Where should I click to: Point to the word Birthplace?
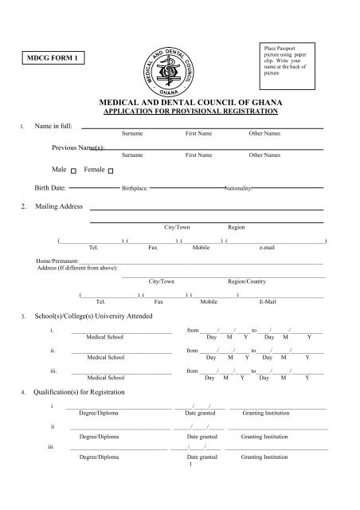point(135,190)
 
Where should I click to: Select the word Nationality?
point(239,190)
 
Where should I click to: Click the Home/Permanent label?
point(57,261)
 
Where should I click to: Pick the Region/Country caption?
point(247,282)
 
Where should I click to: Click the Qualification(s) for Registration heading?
point(86,394)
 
